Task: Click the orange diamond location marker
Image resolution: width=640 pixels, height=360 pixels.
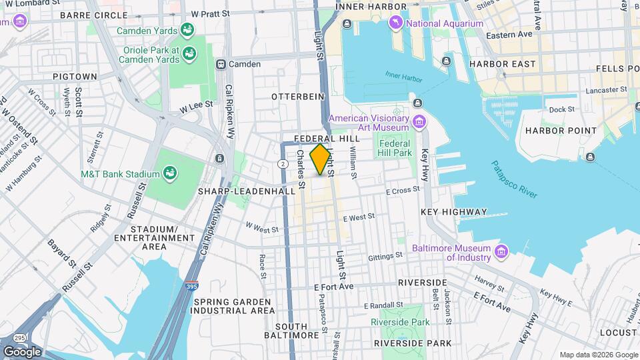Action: click(x=321, y=159)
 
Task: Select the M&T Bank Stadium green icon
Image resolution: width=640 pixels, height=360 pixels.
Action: click(x=171, y=175)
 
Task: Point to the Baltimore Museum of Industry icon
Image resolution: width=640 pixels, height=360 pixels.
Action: click(x=501, y=251)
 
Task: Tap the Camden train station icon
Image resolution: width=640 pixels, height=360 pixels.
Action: click(x=219, y=65)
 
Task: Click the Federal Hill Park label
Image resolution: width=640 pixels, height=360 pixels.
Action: click(x=396, y=147)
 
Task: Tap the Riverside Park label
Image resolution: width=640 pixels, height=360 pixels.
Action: click(x=400, y=322)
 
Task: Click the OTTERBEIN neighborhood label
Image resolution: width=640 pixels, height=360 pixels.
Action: click(x=297, y=97)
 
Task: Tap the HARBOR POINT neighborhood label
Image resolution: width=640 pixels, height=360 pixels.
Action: click(x=559, y=131)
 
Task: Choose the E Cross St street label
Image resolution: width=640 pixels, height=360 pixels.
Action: click(x=403, y=191)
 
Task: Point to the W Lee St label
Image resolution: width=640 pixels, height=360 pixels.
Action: click(x=196, y=104)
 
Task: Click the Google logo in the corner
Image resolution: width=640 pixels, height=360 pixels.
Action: click(x=22, y=351)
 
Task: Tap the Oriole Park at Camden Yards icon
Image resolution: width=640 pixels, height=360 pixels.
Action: click(x=189, y=53)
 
